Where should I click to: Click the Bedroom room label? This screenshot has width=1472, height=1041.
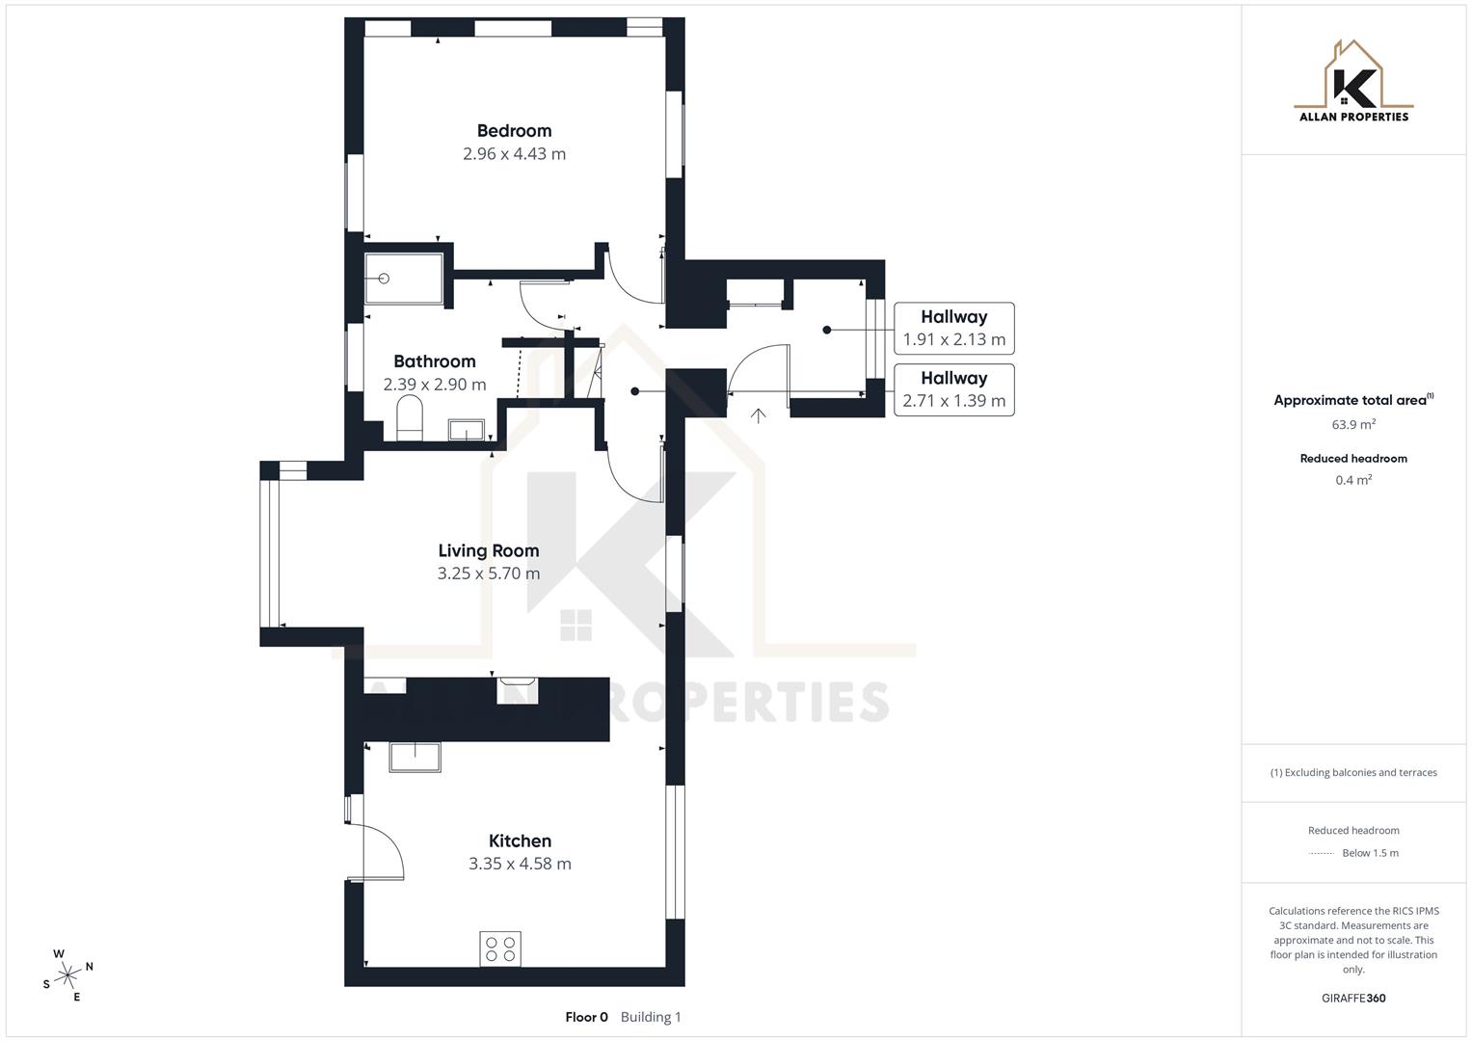click(x=514, y=131)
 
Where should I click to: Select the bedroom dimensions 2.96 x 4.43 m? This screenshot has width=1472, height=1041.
click(x=514, y=154)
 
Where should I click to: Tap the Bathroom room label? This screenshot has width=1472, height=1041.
click(x=434, y=361)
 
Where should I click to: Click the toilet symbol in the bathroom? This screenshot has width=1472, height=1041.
click(x=410, y=421)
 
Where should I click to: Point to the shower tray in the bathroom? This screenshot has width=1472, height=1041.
click(x=404, y=279)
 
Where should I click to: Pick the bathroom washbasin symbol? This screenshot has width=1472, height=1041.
click(x=467, y=430)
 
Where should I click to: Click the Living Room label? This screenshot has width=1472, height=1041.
click(x=488, y=550)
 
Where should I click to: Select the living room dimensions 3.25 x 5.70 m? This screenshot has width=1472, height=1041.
click(x=488, y=574)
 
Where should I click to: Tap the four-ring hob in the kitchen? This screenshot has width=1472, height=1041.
click(x=500, y=948)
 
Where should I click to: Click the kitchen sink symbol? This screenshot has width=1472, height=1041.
click(x=415, y=757)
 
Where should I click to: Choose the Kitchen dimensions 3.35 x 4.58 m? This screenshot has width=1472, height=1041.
click(x=520, y=864)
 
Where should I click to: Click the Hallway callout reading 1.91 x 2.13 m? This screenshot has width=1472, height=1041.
click(x=953, y=329)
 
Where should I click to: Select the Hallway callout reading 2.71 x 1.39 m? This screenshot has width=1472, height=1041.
click(x=953, y=390)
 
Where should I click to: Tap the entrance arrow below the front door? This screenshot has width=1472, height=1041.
click(x=759, y=416)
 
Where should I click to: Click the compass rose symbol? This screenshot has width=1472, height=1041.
click(x=67, y=975)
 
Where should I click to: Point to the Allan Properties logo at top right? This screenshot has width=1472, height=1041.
click(x=1353, y=82)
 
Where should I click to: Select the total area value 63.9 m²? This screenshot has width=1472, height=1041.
click(x=1353, y=424)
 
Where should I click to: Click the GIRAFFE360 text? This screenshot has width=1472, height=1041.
click(x=1353, y=999)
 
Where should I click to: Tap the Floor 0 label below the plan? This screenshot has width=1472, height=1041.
click(x=586, y=1017)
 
